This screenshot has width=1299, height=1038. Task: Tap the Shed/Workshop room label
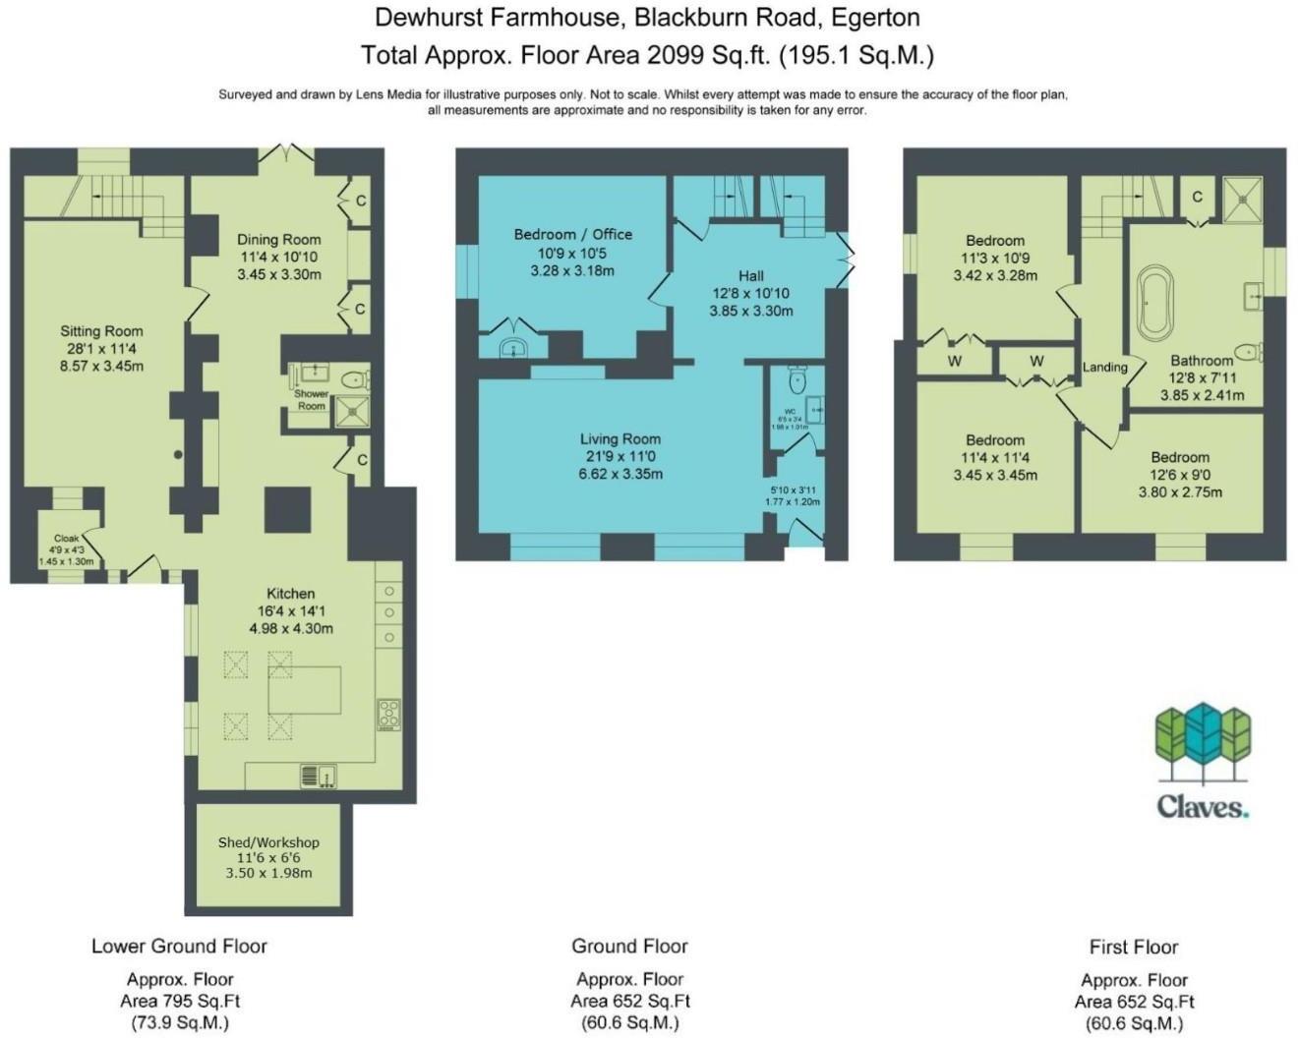point(268,842)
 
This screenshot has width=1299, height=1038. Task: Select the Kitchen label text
point(291,594)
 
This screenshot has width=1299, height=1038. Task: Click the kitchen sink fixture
point(318,776)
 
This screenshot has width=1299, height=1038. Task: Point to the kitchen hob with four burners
point(389,715)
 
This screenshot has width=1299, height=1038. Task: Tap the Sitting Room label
point(101,331)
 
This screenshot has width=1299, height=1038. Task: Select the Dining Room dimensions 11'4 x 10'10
point(279,257)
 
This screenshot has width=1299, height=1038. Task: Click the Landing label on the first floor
point(1105,367)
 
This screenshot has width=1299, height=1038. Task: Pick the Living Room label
point(620,439)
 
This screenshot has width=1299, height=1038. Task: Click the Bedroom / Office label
point(572,234)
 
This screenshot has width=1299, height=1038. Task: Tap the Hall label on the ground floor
point(751,275)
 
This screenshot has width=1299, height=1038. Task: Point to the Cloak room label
point(66,539)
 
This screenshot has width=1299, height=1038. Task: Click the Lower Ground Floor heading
point(179,946)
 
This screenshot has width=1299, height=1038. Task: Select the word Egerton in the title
point(875,17)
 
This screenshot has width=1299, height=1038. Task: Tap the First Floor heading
point(1134,947)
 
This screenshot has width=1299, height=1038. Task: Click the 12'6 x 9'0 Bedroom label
point(1180,457)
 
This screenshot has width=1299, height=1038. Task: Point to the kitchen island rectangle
point(305,690)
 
